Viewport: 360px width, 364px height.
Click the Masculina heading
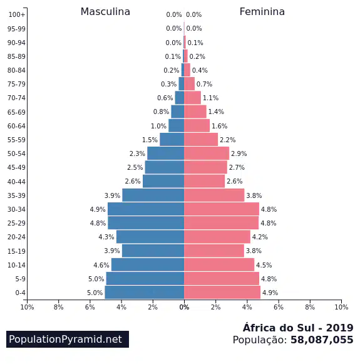pos(105,12)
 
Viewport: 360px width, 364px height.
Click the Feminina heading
pos(262,12)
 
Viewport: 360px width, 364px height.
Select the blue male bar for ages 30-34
pos(146,209)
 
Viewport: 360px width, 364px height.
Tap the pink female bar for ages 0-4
pos(222,293)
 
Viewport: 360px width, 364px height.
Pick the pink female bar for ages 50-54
pos(207,153)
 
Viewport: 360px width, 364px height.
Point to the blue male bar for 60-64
pos(177,125)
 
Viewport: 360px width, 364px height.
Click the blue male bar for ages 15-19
pos(153,251)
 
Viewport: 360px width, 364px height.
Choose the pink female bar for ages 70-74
pos(193,98)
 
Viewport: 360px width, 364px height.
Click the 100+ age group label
pos(17,14)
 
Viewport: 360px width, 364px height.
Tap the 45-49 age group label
pos(16,167)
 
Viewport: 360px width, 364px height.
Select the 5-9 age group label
pos(21,279)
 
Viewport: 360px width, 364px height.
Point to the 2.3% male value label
pos(137,153)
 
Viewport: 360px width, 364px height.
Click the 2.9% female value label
pos(239,153)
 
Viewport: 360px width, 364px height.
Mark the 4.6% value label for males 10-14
pos(101,265)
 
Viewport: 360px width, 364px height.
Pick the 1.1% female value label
pos(210,98)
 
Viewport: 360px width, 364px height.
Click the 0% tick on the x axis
pos(184,307)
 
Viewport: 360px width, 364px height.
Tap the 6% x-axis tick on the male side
pos(90,307)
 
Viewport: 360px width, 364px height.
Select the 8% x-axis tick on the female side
pos(310,307)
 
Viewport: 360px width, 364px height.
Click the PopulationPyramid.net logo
pos(68,339)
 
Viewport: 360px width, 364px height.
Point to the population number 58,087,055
pos(322,340)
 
